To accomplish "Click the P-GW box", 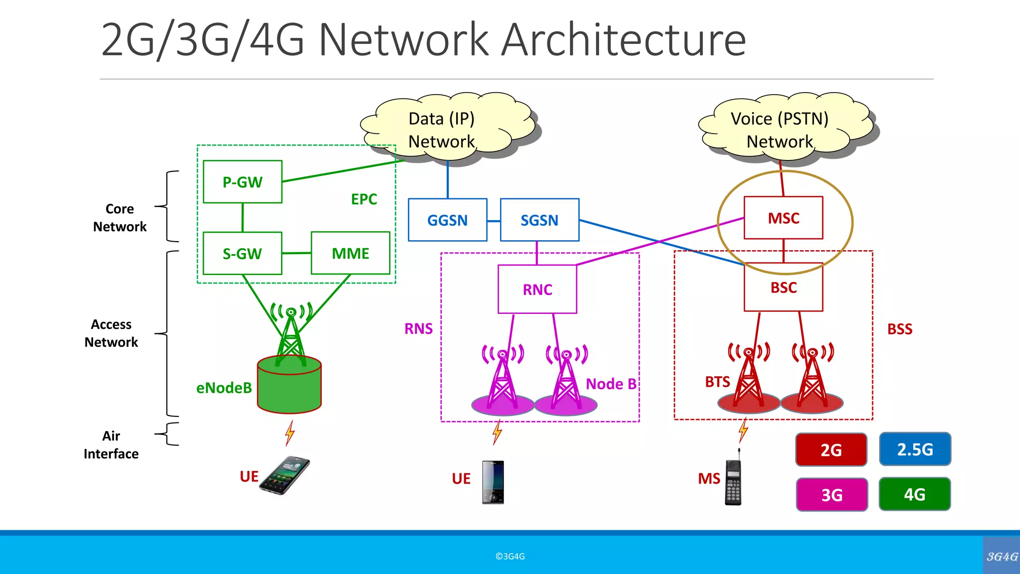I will [x=243, y=182].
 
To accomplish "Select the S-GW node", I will [x=243, y=254].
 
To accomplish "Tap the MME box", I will [x=350, y=253].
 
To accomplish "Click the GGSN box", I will [x=447, y=220].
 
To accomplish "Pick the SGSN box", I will [x=539, y=220].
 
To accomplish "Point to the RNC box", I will [x=537, y=289].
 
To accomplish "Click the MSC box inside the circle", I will [x=783, y=218].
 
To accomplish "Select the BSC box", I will [x=783, y=287].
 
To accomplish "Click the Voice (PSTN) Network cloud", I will [x=780, y=130].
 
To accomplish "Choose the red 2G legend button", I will [x=831, y=449].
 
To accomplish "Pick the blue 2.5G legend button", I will [x=915, y=449].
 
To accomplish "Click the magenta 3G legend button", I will [x=832, y=495].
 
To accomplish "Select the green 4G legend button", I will [x=914, y=494].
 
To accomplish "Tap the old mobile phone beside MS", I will [x=734, y=480].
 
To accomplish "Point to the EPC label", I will [x=364, y=199].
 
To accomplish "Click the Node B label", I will [x=611, y=384].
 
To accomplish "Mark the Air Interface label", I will [x=111, y=445].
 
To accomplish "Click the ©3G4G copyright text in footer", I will [x=510, y=557].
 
